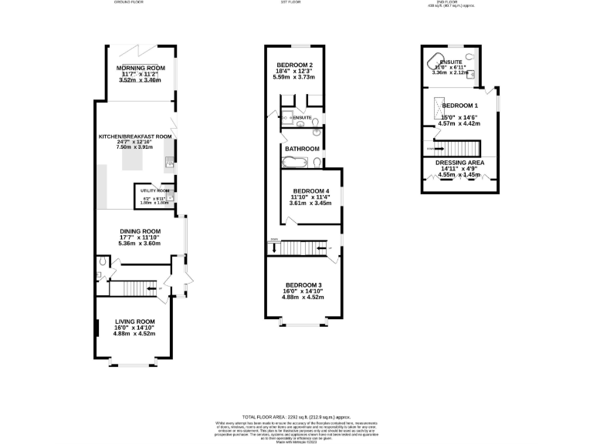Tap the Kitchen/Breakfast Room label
tap(134, 136)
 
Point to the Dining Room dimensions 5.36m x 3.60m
tap(140, 244)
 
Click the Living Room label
tap(135, 321)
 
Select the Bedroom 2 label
tap(293, 64)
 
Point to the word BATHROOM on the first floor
tap(302, 149)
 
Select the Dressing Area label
tap(459, 163)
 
